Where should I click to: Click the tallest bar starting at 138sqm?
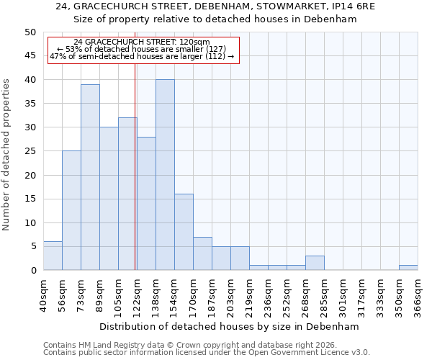(165, 175)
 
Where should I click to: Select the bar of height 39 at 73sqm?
(90, 177)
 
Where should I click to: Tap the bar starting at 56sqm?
(71, 210)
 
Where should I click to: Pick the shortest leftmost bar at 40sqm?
(53, 256)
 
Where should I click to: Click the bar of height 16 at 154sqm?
(184, 232)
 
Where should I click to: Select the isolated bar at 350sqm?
(408, 268)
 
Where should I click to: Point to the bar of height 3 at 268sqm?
(315, 263)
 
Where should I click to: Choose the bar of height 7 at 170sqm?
(202, 253)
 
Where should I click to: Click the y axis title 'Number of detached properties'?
(6, 154)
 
